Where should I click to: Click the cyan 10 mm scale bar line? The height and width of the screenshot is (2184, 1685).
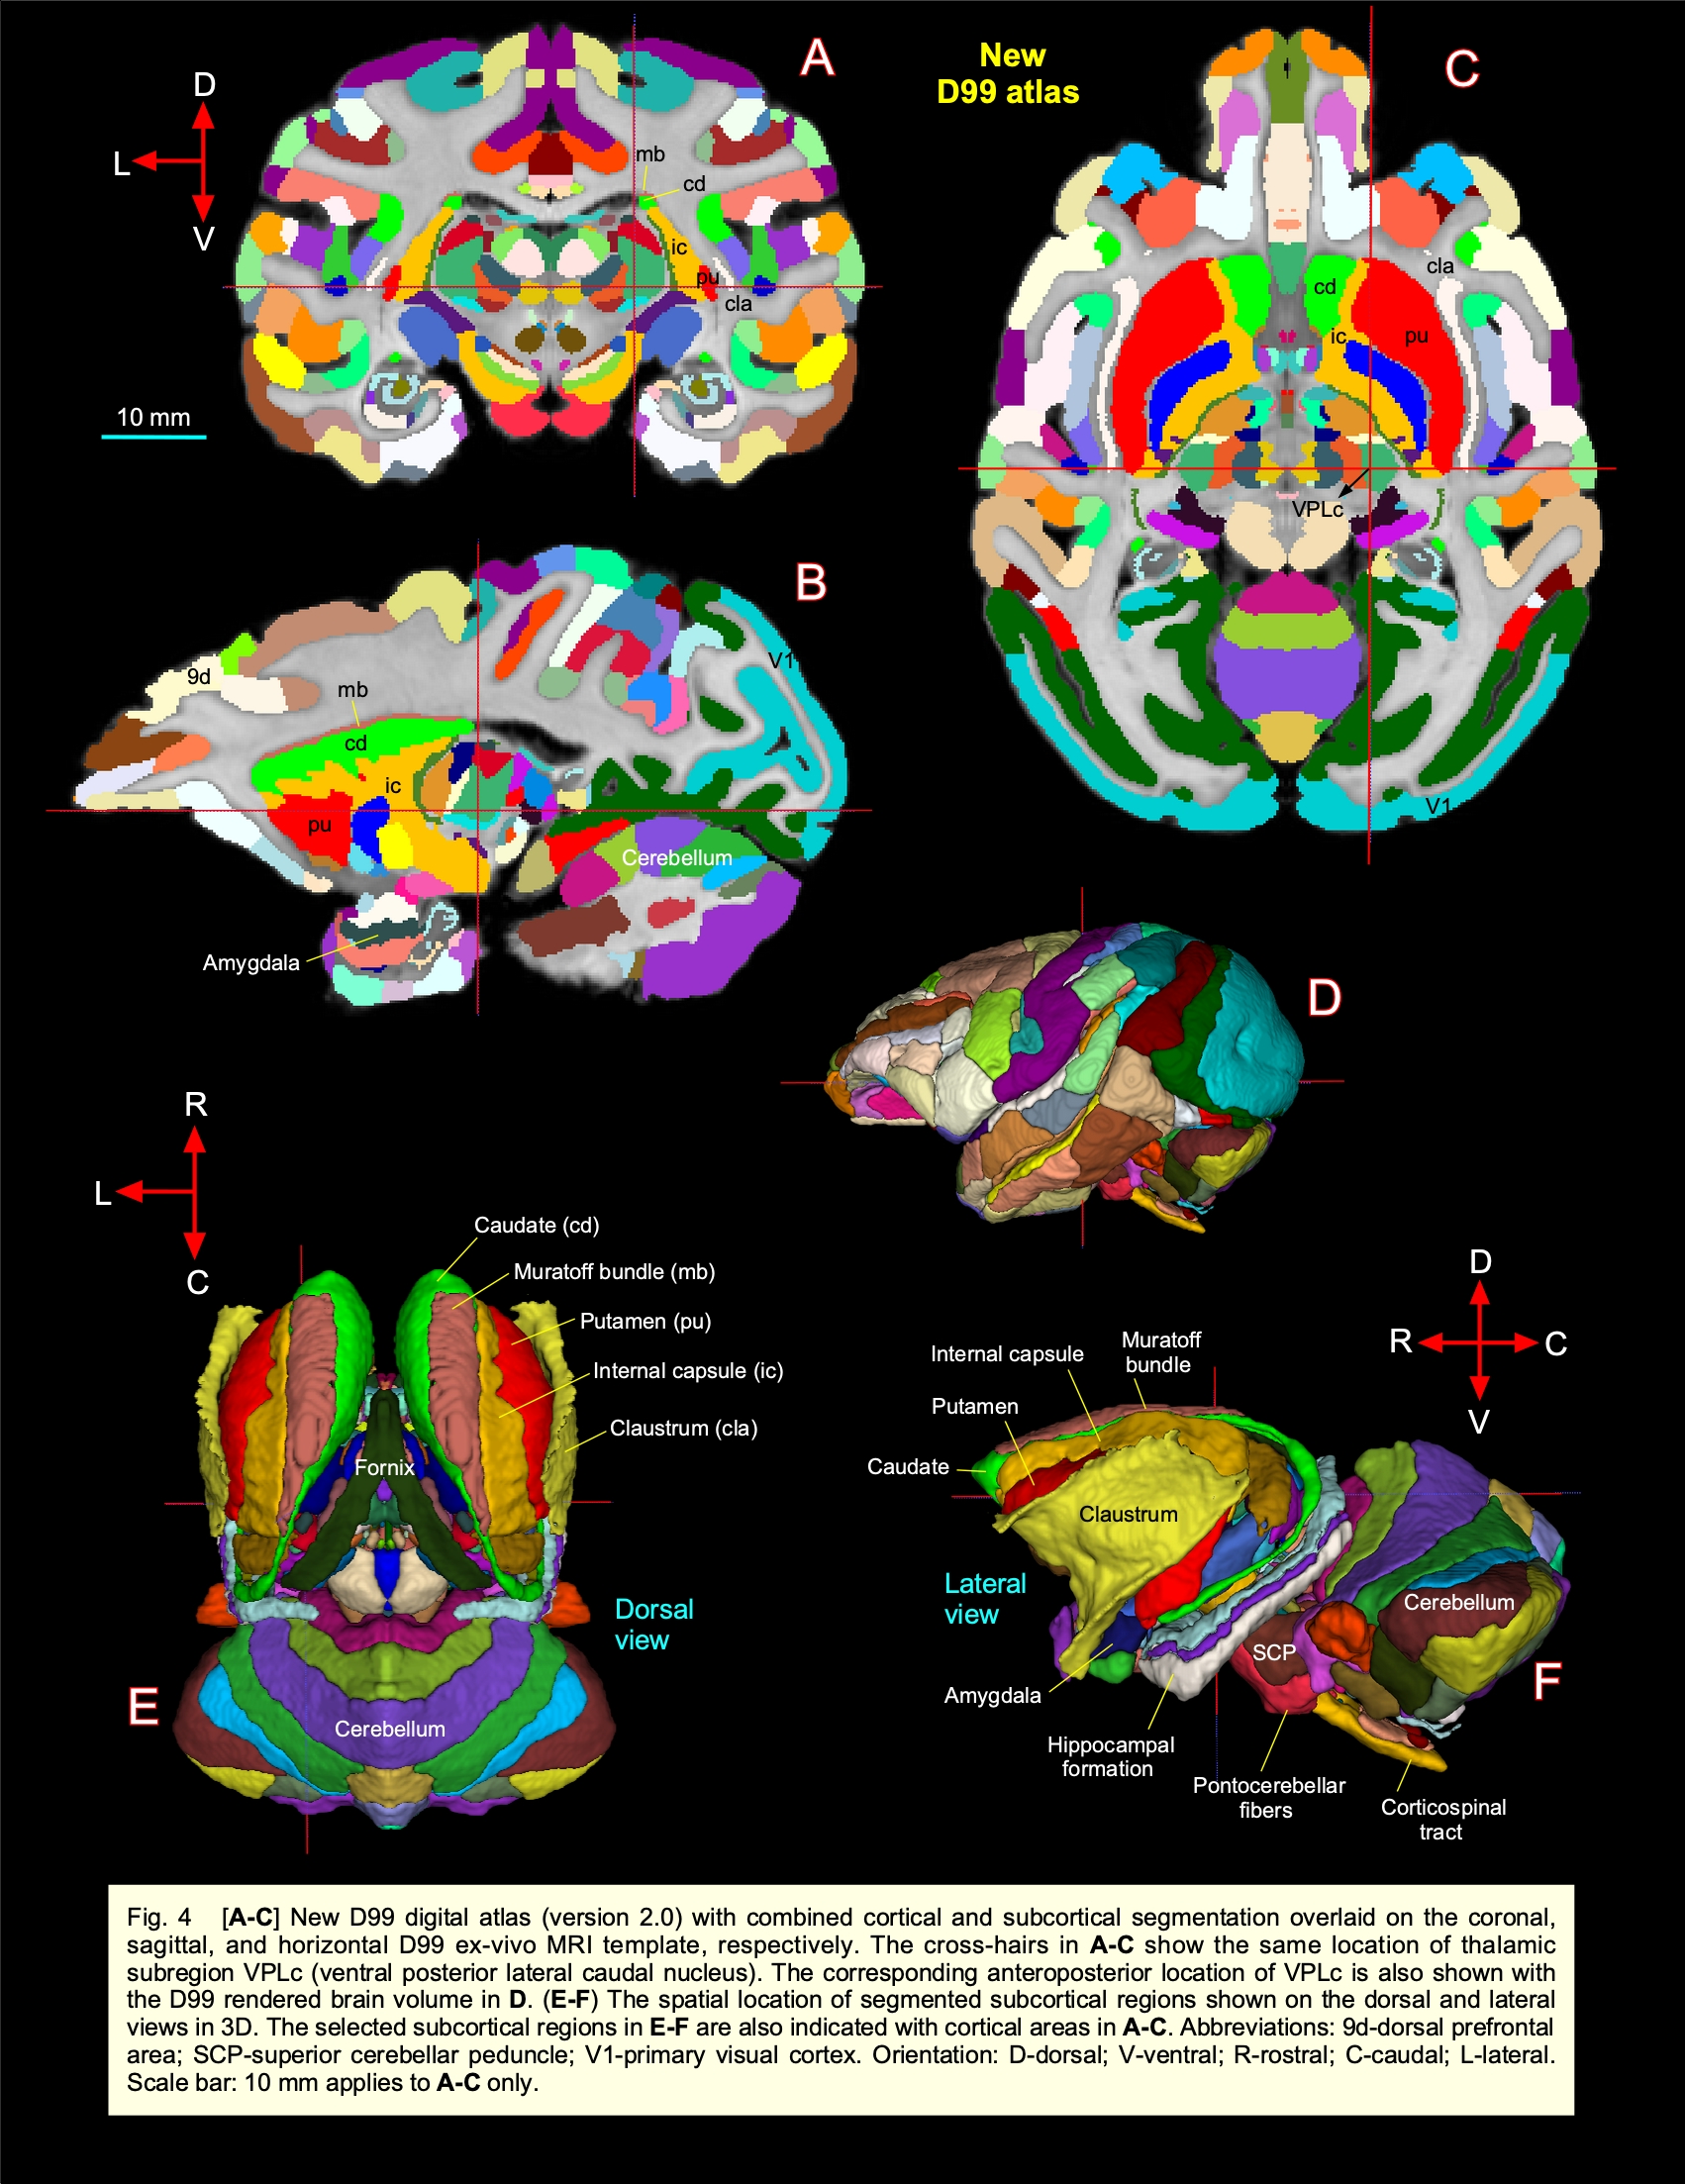153,437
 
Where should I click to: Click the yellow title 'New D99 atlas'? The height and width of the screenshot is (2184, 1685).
1008,74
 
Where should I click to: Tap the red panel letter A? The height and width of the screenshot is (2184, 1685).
817,59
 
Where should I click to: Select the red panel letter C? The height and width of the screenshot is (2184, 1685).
1461,69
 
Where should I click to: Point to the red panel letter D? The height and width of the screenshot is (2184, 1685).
1324,998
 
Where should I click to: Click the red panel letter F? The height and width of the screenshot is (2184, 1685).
1546,1682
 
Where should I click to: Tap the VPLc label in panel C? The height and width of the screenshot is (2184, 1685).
1317,509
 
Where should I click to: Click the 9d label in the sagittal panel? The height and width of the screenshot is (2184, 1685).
199,677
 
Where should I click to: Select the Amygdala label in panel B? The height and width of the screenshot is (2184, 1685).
251,963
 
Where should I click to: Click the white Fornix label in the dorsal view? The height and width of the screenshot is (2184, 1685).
384,1468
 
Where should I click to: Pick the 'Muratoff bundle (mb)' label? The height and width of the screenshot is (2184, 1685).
614,1272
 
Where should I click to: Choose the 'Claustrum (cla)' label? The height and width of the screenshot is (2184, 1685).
684,1428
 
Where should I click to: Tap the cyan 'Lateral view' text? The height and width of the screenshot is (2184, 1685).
984,1598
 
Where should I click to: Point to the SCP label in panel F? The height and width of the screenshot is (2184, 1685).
1274,1653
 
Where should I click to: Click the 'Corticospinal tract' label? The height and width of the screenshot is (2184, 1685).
1442,1819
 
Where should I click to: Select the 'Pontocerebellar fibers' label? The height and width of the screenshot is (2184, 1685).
1268,1797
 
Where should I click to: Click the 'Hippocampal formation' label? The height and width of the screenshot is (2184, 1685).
1110,1756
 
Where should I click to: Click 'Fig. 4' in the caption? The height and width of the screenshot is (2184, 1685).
158,1917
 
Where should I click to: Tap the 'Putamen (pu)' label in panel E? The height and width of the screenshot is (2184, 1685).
645,1321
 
